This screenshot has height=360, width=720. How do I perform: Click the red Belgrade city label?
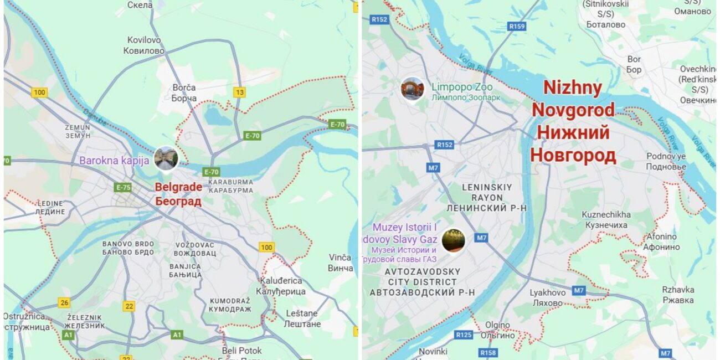tap(178, 194)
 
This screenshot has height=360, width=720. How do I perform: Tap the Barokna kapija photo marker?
tap(166, 158)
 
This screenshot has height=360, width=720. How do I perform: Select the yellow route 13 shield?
tap(239, 92)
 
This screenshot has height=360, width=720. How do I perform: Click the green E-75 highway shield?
tap(123, 187)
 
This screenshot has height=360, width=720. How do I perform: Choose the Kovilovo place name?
tap(146, 45)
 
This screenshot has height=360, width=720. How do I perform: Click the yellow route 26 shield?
tap(64, 302)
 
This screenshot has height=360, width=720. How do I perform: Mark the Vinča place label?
tap(340, 263)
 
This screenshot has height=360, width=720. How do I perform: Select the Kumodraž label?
tap(229, 305)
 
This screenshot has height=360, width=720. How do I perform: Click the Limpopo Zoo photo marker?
tap(413, 89)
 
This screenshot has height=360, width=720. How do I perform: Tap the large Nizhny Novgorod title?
tap(573, 121)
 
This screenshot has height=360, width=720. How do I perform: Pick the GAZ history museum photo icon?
tap(453, 240)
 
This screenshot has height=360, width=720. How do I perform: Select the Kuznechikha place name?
tap(606, 219)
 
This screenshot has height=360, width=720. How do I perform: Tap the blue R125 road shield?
tap(464, 335)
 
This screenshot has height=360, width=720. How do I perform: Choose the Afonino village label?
tap(661, 241)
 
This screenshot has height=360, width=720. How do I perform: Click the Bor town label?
tap(634, 64)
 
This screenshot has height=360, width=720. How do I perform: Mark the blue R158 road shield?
tap(488, 352)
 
